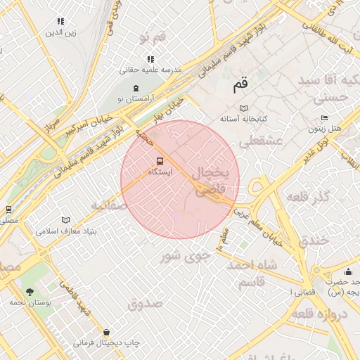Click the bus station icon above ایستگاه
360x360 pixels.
158,160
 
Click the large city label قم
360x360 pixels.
240,85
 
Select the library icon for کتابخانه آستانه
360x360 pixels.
244,109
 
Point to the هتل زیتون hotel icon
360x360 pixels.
323,118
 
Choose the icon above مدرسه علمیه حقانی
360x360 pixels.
150,59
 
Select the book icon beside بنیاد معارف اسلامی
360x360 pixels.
66,220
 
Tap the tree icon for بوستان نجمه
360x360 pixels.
30,291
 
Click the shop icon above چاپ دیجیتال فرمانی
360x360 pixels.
105,332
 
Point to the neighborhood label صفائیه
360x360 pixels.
108,205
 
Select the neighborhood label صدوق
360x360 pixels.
146,304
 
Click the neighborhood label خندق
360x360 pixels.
314,240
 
